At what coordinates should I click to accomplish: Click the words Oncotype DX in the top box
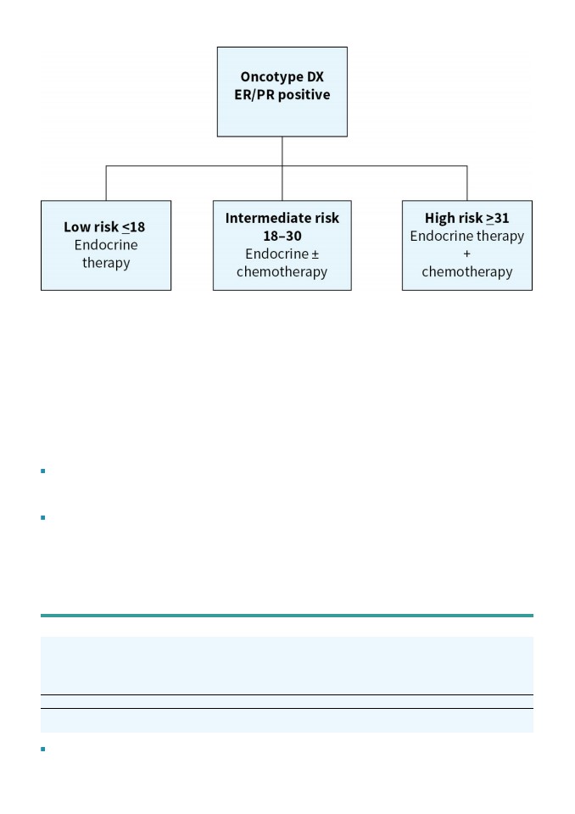tap(282, 77)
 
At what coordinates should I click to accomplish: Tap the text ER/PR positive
tap(282, 95)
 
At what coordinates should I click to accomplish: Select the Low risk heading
tap(91, 227)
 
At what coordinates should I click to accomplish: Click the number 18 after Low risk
tap(137, 227)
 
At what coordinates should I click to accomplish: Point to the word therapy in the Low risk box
tap(106, 263)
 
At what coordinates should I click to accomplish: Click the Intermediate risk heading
tap(282, 218)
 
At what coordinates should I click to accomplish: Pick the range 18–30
tap(282, 237)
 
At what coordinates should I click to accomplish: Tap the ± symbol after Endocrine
tap(315, 254)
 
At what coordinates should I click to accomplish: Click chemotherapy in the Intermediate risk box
tap(282, 272)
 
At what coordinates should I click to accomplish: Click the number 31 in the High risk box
tap(502, 218)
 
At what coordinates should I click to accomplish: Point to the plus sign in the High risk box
tap(467, 254)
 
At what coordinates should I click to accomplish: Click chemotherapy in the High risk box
tap(467, 272)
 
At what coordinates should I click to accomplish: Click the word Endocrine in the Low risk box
tap(106, 245)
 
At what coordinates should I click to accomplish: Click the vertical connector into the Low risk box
tap(106, 183)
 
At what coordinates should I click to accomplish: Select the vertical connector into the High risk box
tap(467, 183)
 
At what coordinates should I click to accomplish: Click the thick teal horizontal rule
tap(287, 616)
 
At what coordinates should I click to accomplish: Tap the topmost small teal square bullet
tap(43, 471)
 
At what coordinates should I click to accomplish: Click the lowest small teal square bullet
tap(43, 749)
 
